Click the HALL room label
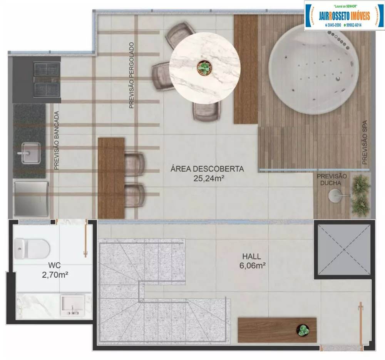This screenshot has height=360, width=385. point(251,256)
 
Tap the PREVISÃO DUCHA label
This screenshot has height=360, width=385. point(332,179)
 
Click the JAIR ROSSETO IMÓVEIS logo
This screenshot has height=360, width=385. point(344,15)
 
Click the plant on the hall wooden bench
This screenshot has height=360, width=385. point(303,330)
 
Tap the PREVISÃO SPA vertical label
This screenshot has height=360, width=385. point(364,142)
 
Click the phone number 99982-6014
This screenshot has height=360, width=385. point(357,25)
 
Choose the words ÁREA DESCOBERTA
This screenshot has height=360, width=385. point(208,169)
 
